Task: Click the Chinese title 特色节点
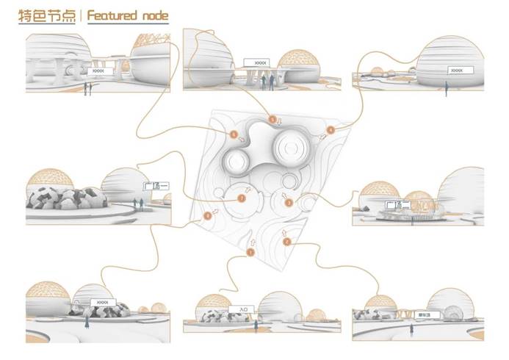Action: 48,17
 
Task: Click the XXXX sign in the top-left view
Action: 99,71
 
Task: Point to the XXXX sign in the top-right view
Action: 457,71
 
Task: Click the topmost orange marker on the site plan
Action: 273,118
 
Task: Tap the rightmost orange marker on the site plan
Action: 330,130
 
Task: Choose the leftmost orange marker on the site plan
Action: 208,215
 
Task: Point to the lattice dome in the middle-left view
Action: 49,179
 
